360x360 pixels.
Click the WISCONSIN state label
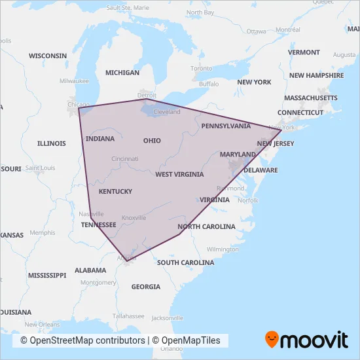coord(48,56)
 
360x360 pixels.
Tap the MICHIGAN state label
coord(122,73)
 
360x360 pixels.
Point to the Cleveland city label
coord(166,112)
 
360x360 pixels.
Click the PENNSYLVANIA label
coord(226,125)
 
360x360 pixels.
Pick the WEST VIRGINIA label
coord(179,174)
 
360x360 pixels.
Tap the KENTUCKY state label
coord(115,192)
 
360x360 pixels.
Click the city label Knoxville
coord(134,217)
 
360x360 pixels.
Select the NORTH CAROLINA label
coord(206,226)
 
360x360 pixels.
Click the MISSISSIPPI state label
coord(43,275)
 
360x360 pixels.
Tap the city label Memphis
coord(43,232)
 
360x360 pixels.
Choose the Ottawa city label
coord(257,31)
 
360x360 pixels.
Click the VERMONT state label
coord(304,52)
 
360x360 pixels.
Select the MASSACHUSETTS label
coord(311,98)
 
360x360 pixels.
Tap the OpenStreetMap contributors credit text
coord(82,340)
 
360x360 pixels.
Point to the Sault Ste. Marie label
coord(128,8)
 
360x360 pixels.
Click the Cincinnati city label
coord(124,158)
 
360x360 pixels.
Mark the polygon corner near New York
coord(281,130)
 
